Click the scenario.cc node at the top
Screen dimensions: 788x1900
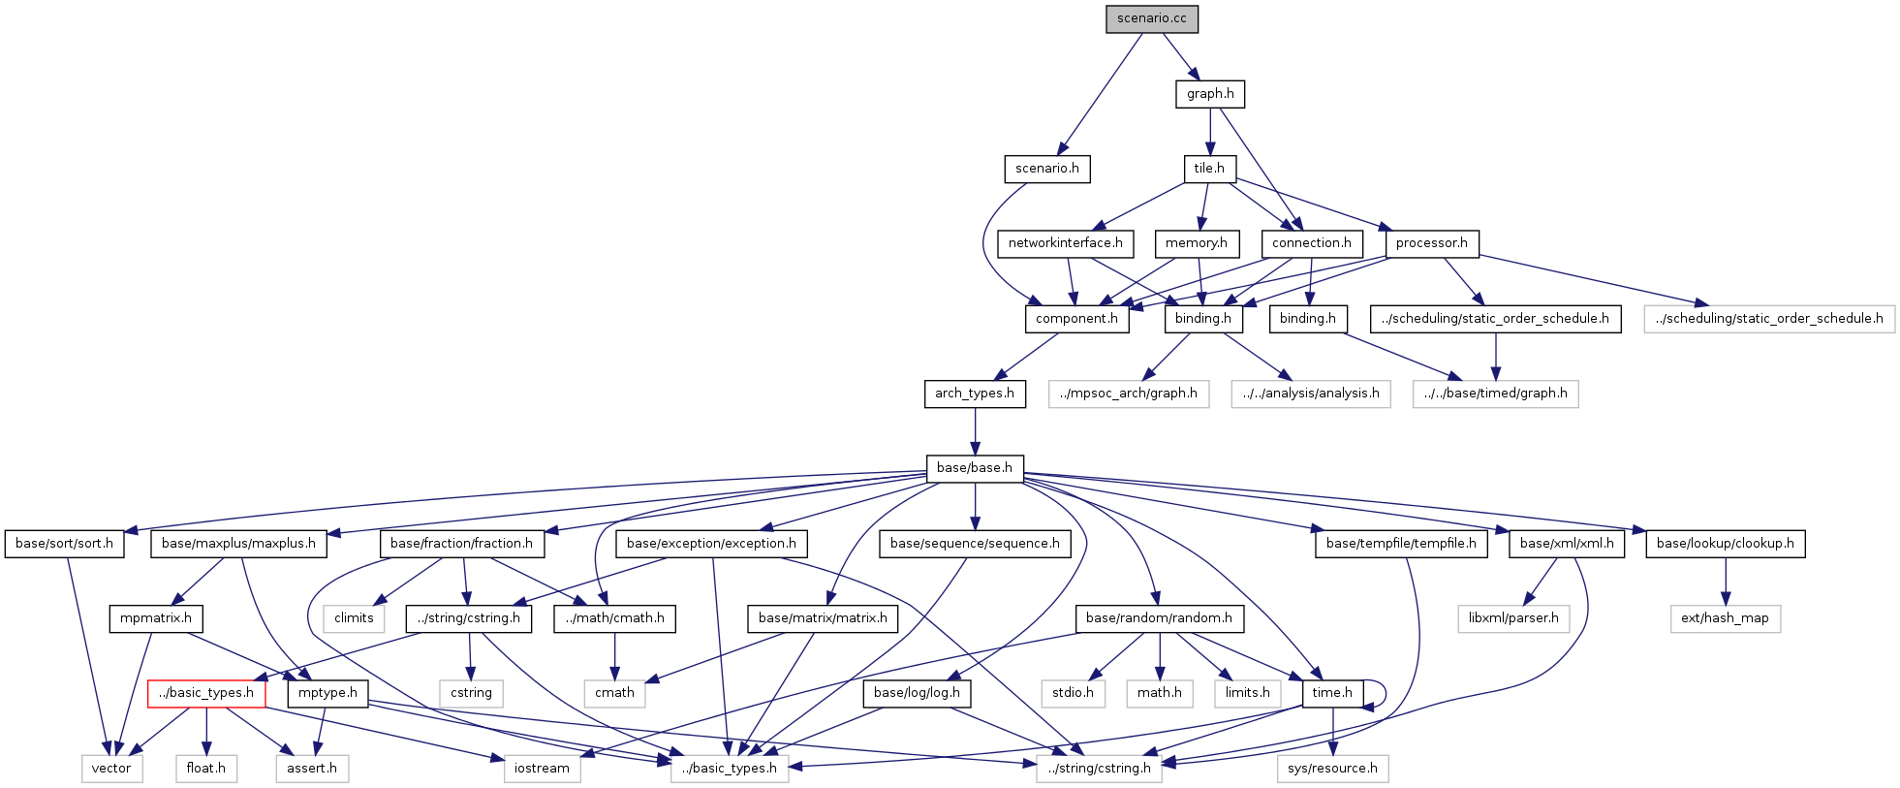click(1151, 19)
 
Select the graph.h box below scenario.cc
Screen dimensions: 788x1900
click(1210, 94)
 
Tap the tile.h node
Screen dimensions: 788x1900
click(1209, 169)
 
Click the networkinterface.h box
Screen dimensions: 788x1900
click(1065, 243)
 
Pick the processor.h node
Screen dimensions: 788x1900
click(1431, 243)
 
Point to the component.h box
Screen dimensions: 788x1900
click(1076, 319)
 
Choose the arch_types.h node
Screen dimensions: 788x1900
click(974, 394)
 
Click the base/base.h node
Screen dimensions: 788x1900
click(974, 468)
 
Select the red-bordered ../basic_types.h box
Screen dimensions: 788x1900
click(206, 693)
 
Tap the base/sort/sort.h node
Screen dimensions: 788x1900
click(64, 544)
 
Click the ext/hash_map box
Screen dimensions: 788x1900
click(1725, 618)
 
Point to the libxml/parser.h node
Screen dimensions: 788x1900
click(1513, 618)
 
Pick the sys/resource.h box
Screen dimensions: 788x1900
click(1332, 769)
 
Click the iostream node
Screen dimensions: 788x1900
click(542, 769)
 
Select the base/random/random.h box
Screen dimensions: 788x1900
click(1159, 618)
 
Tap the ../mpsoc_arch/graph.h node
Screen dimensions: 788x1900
click(1128, 394)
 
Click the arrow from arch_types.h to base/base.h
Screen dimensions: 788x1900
click(975, 430)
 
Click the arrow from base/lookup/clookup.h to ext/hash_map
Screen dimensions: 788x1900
click(1725, 582)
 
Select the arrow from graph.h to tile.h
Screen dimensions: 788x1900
click(1210, 132)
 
